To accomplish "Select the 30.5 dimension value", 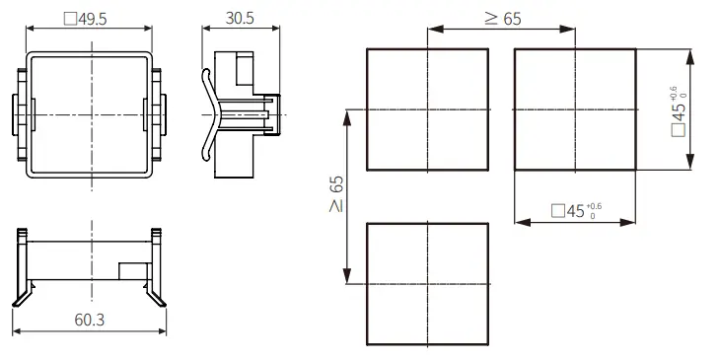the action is pyautogui.click(x=240, y=19).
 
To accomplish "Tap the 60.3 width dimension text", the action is pyautogui.click(x=90, y=320).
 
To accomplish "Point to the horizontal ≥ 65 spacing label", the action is pyautogui.click(x=503, y=19).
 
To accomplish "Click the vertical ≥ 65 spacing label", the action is pyautogui.click(x=336, y=193).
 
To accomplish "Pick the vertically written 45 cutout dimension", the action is pyautogui.click(x=679, y=111).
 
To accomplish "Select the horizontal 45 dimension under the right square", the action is pyautogui.click(x=576, y=211).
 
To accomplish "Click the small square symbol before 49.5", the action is pyautogui.click(x=70, y=19).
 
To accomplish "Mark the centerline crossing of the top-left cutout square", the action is pyautogui.click(x=427, y=109).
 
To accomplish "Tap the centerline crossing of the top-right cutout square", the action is pyautogui.click(x=575, y=109).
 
